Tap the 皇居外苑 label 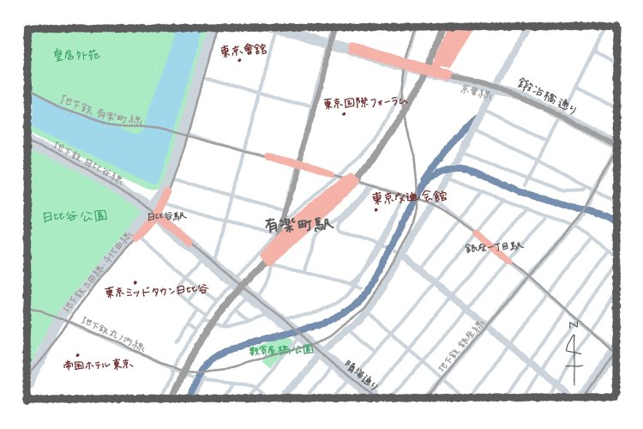click(75, 56)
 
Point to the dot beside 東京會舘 click(239, 61)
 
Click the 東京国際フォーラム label click(364, 102)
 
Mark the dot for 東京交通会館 click(376, 210)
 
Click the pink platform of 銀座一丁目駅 click(492, 246)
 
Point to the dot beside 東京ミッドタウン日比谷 click(135, 281)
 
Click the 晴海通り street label click(358, 372)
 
